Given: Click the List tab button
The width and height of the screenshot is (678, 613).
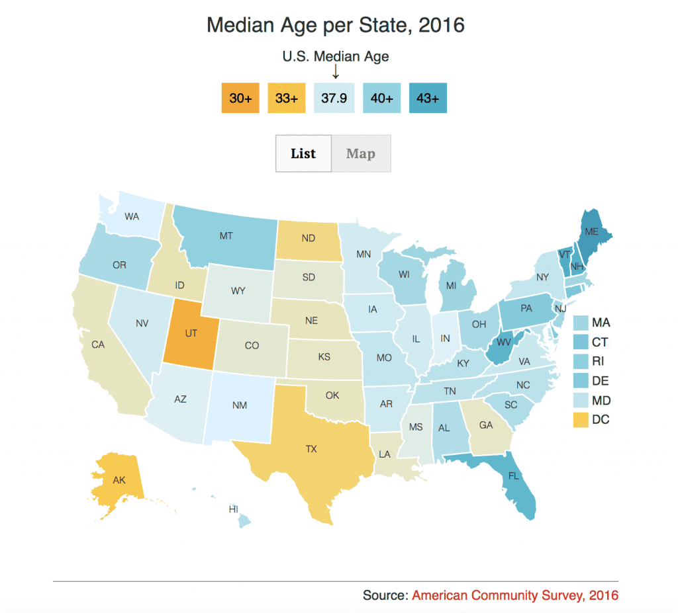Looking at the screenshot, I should click(x=303, y=153).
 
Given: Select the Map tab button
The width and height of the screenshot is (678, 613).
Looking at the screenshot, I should click(x=361, y=153).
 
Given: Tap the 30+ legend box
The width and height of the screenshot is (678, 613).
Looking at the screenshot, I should click(x=240, y=98).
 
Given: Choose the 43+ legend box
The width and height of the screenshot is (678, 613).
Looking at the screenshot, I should click(x=428, y=98).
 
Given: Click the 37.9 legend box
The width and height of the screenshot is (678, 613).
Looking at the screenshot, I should click(x=334, y=98).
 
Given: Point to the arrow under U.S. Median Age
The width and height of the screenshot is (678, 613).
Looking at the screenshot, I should click(x=336, y=71).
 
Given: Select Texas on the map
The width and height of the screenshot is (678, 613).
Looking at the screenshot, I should click(x=311, y=449).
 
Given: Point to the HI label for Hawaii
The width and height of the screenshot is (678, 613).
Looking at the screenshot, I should click(x=233, y=509).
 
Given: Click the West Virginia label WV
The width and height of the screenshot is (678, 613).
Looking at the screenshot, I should click(x=505, y=342).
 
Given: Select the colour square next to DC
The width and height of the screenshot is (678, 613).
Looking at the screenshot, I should click(x=581, y=419).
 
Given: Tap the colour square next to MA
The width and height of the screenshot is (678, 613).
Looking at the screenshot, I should click(x=581, y=323).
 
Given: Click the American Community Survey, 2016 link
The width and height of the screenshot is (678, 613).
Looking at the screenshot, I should click(x=515, y=595).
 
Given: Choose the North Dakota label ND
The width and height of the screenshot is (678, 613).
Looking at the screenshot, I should click(x=308, y=238).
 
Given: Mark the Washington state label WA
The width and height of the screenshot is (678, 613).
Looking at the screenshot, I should click(x=131, y=216).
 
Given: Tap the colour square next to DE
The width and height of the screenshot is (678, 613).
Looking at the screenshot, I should click(x=581, y=381).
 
